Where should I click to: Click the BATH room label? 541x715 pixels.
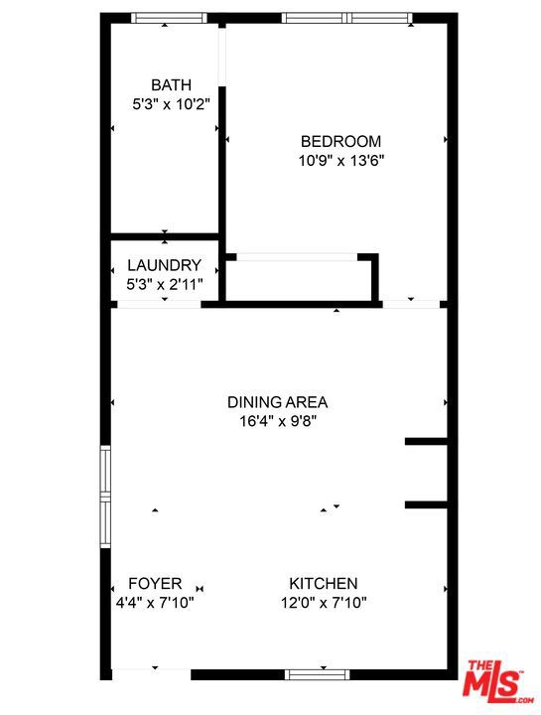pos(171,85)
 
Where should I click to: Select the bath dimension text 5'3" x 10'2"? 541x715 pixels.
pos(171,105)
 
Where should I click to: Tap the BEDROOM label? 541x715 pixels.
pos(340,141)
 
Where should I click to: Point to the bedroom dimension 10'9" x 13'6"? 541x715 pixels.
pos(341,161)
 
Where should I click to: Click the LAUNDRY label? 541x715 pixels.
pos(164,265)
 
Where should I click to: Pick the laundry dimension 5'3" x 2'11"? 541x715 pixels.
pos(164,285)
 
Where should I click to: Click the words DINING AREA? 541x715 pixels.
pos(278,402)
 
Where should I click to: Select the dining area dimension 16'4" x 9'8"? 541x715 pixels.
pos(278,421)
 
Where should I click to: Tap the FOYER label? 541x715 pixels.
pos(155,584)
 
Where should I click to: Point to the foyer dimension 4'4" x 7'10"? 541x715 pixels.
pos(155,603)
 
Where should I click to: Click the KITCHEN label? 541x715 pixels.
pos(324,584)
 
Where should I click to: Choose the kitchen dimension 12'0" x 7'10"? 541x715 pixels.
pos(324,603)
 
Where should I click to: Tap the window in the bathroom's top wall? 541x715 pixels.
pos(169,18)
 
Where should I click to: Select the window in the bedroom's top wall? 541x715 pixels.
pos(347,18)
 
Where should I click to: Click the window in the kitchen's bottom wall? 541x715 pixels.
pos(318,674)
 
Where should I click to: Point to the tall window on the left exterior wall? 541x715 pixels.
pos(106,497)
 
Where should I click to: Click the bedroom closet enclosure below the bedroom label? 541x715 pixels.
pos(302,278)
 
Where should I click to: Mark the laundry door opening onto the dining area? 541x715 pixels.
pos(159,304)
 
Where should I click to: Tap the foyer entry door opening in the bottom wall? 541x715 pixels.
pos(151,675)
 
